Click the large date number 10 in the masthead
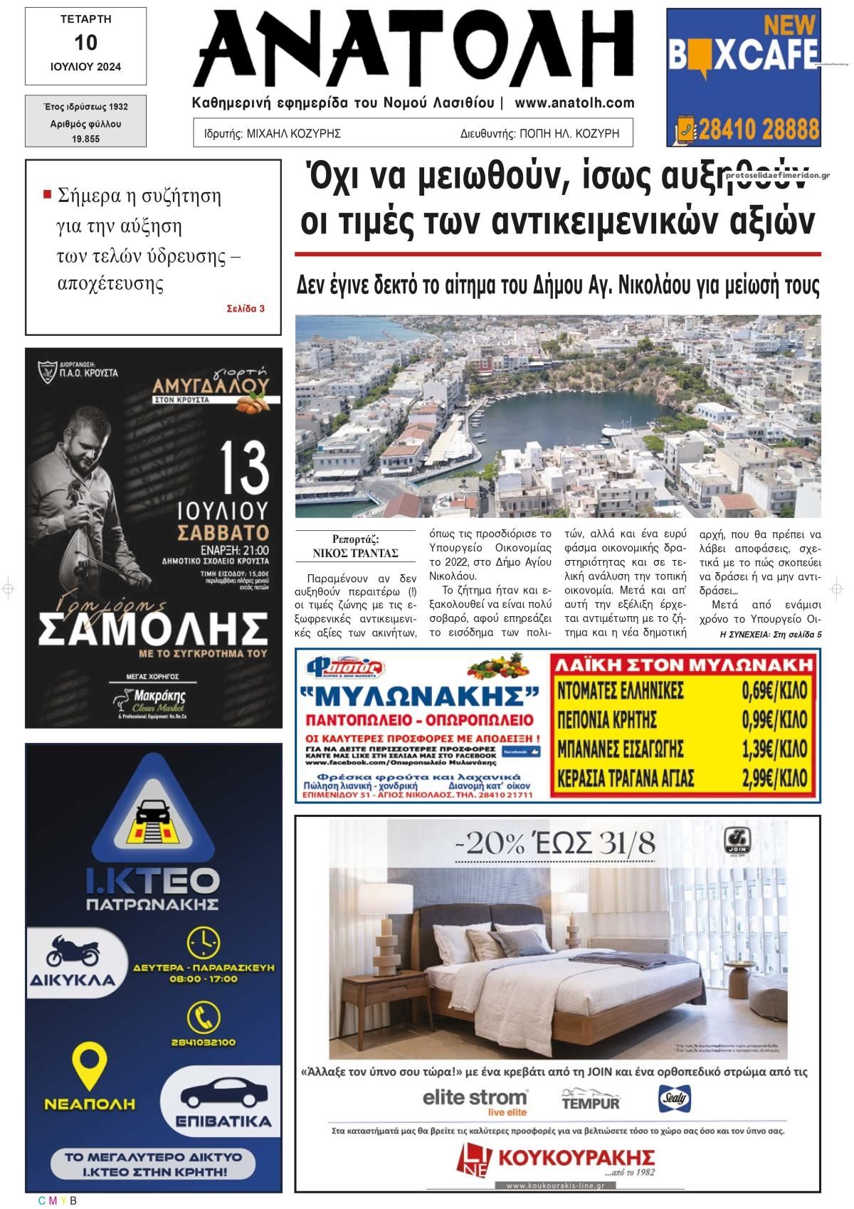pos(85,43)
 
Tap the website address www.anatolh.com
pos(574,103)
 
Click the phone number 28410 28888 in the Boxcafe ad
pos(759,130)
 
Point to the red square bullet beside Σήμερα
pos(48,194)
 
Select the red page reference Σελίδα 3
pos(246,309)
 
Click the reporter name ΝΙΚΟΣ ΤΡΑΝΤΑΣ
pos(355,553)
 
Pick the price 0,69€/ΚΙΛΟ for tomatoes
pos(774,691)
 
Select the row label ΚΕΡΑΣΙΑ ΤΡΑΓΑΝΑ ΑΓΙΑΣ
pos(626,778)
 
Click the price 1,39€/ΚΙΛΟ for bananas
pos(774,749)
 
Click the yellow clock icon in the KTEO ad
pos(204,942)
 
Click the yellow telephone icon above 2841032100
pos(204,1016)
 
